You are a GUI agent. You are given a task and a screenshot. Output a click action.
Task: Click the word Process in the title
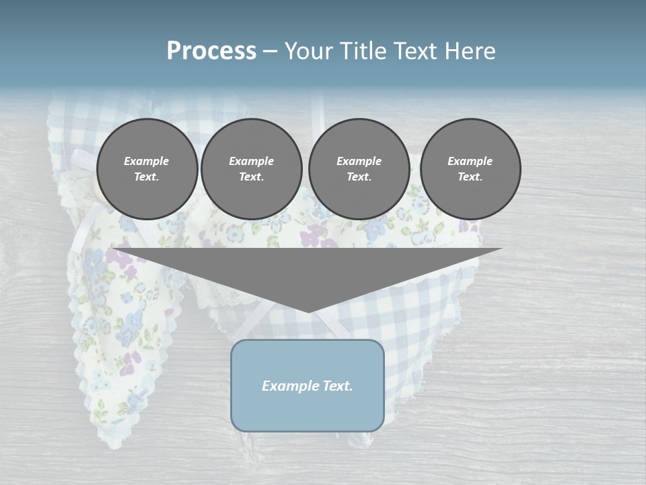[211, 51]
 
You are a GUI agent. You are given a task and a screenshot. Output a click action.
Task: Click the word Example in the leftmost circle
[147, 161]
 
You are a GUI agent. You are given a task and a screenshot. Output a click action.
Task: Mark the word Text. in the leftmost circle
[147, 177]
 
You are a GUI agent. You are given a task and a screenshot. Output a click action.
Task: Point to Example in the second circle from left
[252, 161]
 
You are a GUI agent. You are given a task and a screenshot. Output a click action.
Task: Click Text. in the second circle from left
[252, 177]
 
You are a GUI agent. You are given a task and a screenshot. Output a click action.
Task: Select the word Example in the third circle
[359, 161]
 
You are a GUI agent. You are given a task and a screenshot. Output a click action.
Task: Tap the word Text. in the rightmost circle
[470, 177]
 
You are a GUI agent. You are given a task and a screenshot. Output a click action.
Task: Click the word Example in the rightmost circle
[470, 161]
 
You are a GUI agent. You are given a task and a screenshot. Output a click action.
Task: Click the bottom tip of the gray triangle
[308, 311]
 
